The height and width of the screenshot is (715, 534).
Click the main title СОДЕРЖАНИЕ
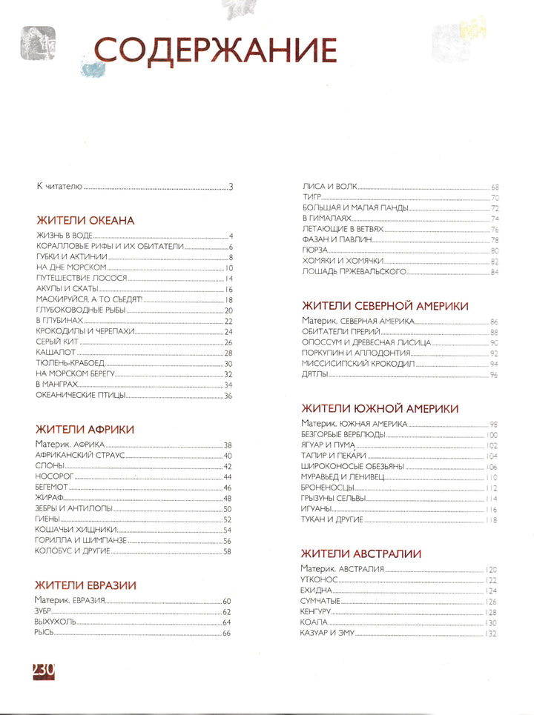(x=215, y=51)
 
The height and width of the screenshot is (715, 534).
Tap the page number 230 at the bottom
(x=44, y=669)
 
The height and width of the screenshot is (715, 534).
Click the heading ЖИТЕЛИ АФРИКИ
(x=85, y=428)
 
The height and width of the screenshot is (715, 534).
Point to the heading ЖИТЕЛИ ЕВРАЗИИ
(x=86, y=585)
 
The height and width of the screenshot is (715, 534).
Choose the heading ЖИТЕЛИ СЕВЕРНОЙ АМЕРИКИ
(x=384, y=305)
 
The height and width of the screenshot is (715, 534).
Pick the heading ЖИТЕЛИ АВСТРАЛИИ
(x=361, y=553)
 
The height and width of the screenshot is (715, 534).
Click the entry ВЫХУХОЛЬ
(x=56, y=622)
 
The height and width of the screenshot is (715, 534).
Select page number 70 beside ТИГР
(x=494, y=198)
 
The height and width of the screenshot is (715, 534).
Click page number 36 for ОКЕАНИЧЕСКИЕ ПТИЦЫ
(x=228, y=396)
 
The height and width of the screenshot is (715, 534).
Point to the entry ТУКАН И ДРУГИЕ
(x=332, y=520)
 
